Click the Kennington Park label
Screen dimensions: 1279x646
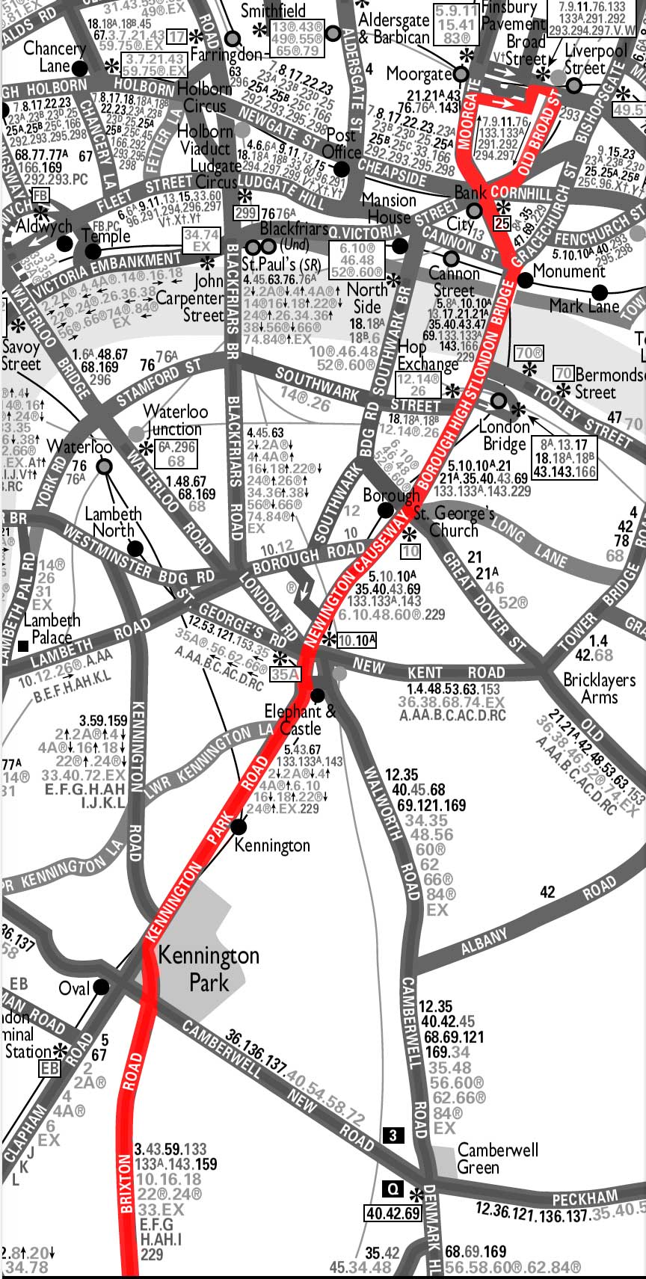209,968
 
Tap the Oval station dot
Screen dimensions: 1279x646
101,987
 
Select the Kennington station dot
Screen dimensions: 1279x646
239,827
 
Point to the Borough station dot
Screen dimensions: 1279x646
386,511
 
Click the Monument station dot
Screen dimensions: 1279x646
525,280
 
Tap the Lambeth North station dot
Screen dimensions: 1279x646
135,549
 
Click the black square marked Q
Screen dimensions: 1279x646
392,1188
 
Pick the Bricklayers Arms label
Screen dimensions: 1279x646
599,688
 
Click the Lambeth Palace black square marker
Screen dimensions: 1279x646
24,644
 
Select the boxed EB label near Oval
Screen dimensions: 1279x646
49,1069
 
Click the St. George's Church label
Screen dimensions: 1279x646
455,522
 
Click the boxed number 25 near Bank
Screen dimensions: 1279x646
502,224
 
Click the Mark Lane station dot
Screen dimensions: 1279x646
598,292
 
